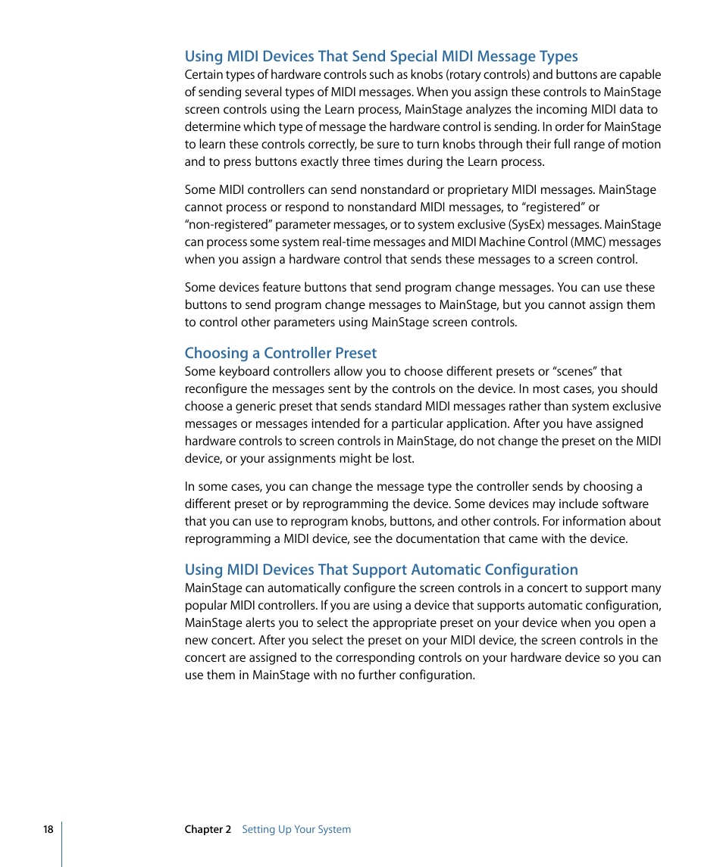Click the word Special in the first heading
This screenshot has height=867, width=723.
(416, 57)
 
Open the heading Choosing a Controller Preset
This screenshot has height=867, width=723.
(280, 354)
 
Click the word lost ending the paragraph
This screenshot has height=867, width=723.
(402, 459)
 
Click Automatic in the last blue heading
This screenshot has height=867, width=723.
(426, 570)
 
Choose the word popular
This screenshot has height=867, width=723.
(207, 606)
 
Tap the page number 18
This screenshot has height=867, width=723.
(48, 830)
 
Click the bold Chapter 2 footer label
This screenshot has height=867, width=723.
(208, 830)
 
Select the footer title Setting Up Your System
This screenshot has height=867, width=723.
(296, 830)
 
